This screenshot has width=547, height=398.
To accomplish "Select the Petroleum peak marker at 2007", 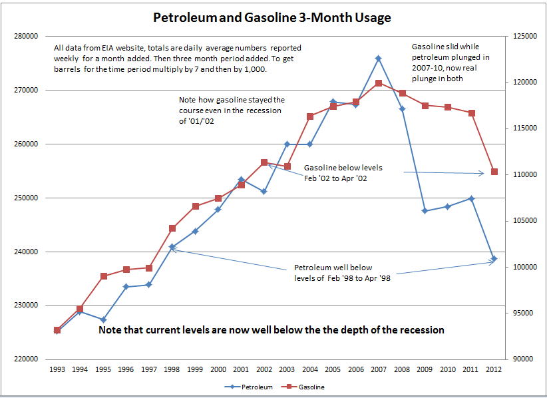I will [378, 59].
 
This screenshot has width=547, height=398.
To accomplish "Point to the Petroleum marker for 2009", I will [423, 211].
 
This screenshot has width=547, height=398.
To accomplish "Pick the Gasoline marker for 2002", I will [264, 162].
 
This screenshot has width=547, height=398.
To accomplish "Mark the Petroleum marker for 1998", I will [172, 247].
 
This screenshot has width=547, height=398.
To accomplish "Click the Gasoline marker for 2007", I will [378, 83].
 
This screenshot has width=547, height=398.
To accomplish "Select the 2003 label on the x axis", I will [287, 369].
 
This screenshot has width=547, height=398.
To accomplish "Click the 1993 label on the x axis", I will [57, 369].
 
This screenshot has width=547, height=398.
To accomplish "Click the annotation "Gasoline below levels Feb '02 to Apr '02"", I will [343, 173].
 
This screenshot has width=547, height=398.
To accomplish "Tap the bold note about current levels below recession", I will [272, 330].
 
